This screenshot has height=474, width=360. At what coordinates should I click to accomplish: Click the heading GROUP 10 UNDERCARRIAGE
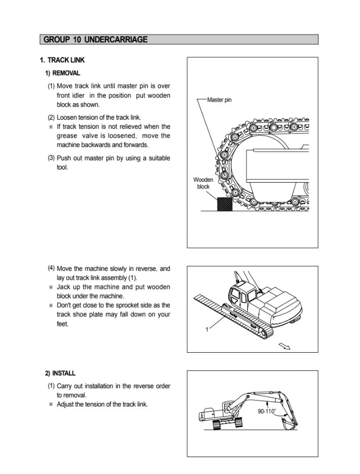(95, 39)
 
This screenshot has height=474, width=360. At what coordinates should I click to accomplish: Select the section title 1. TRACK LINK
(62, 60)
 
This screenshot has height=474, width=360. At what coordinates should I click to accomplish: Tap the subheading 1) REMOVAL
(63, 73)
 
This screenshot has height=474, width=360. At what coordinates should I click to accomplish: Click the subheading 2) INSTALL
(60, 374)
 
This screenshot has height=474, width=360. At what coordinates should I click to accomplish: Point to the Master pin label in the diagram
(219, 100)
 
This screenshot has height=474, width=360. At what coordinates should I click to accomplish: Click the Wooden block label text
(203, 183)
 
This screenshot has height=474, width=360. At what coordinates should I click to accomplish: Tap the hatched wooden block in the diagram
(224, 204)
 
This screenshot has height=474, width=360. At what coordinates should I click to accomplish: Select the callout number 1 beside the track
(207, 330)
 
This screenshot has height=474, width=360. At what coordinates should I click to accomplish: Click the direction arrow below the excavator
(284, 346)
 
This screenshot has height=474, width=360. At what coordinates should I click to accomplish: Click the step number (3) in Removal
(51, 157)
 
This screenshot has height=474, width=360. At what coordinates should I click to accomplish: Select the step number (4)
(51, 268)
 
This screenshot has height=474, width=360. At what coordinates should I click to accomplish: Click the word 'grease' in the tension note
(67, 136)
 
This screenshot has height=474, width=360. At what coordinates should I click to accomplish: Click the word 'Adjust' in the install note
(66, 404)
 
